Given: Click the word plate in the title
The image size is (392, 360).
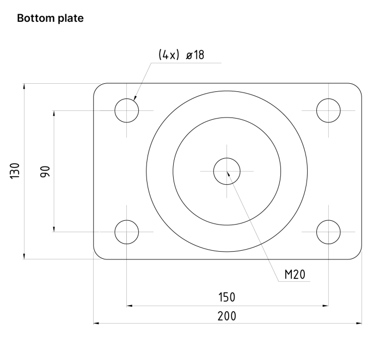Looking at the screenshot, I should [69, 18].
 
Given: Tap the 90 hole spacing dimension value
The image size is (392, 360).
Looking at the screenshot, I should [45, 171].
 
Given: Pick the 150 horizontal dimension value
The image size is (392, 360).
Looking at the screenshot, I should [226, 297].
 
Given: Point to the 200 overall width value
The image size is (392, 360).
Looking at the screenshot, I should [226, 316].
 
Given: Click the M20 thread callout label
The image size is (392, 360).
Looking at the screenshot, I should [295, 275].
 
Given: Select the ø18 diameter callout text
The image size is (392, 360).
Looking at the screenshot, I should [195, 55].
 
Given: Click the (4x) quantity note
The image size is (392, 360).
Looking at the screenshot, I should [169, 55].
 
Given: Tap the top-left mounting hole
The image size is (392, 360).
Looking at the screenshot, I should [127, 110].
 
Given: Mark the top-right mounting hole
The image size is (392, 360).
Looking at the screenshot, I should [328, 110].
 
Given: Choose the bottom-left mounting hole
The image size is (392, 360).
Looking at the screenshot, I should [127, 232].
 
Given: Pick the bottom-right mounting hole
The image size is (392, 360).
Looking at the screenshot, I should [328, 232].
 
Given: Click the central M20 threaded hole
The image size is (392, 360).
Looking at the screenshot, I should [227, 171].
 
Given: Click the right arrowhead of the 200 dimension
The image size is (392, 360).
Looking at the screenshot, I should [359, 324].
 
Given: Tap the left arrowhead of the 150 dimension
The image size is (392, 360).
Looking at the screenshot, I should [130, 306].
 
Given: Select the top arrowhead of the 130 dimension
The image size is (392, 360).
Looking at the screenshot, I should [24, 86].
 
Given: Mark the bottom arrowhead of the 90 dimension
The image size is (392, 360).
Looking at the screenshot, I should [54, 229].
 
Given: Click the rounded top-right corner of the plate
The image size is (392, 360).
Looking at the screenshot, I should [358, 87].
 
